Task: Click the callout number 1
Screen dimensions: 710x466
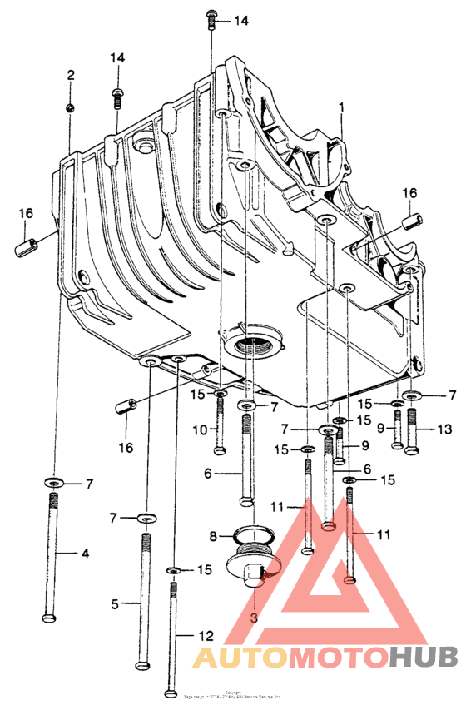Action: [x=340, y=107]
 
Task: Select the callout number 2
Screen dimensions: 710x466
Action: [x=71, y=75]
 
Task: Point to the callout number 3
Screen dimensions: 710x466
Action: [x=255, y=618]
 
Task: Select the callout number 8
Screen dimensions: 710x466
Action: [x=213, y=535]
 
